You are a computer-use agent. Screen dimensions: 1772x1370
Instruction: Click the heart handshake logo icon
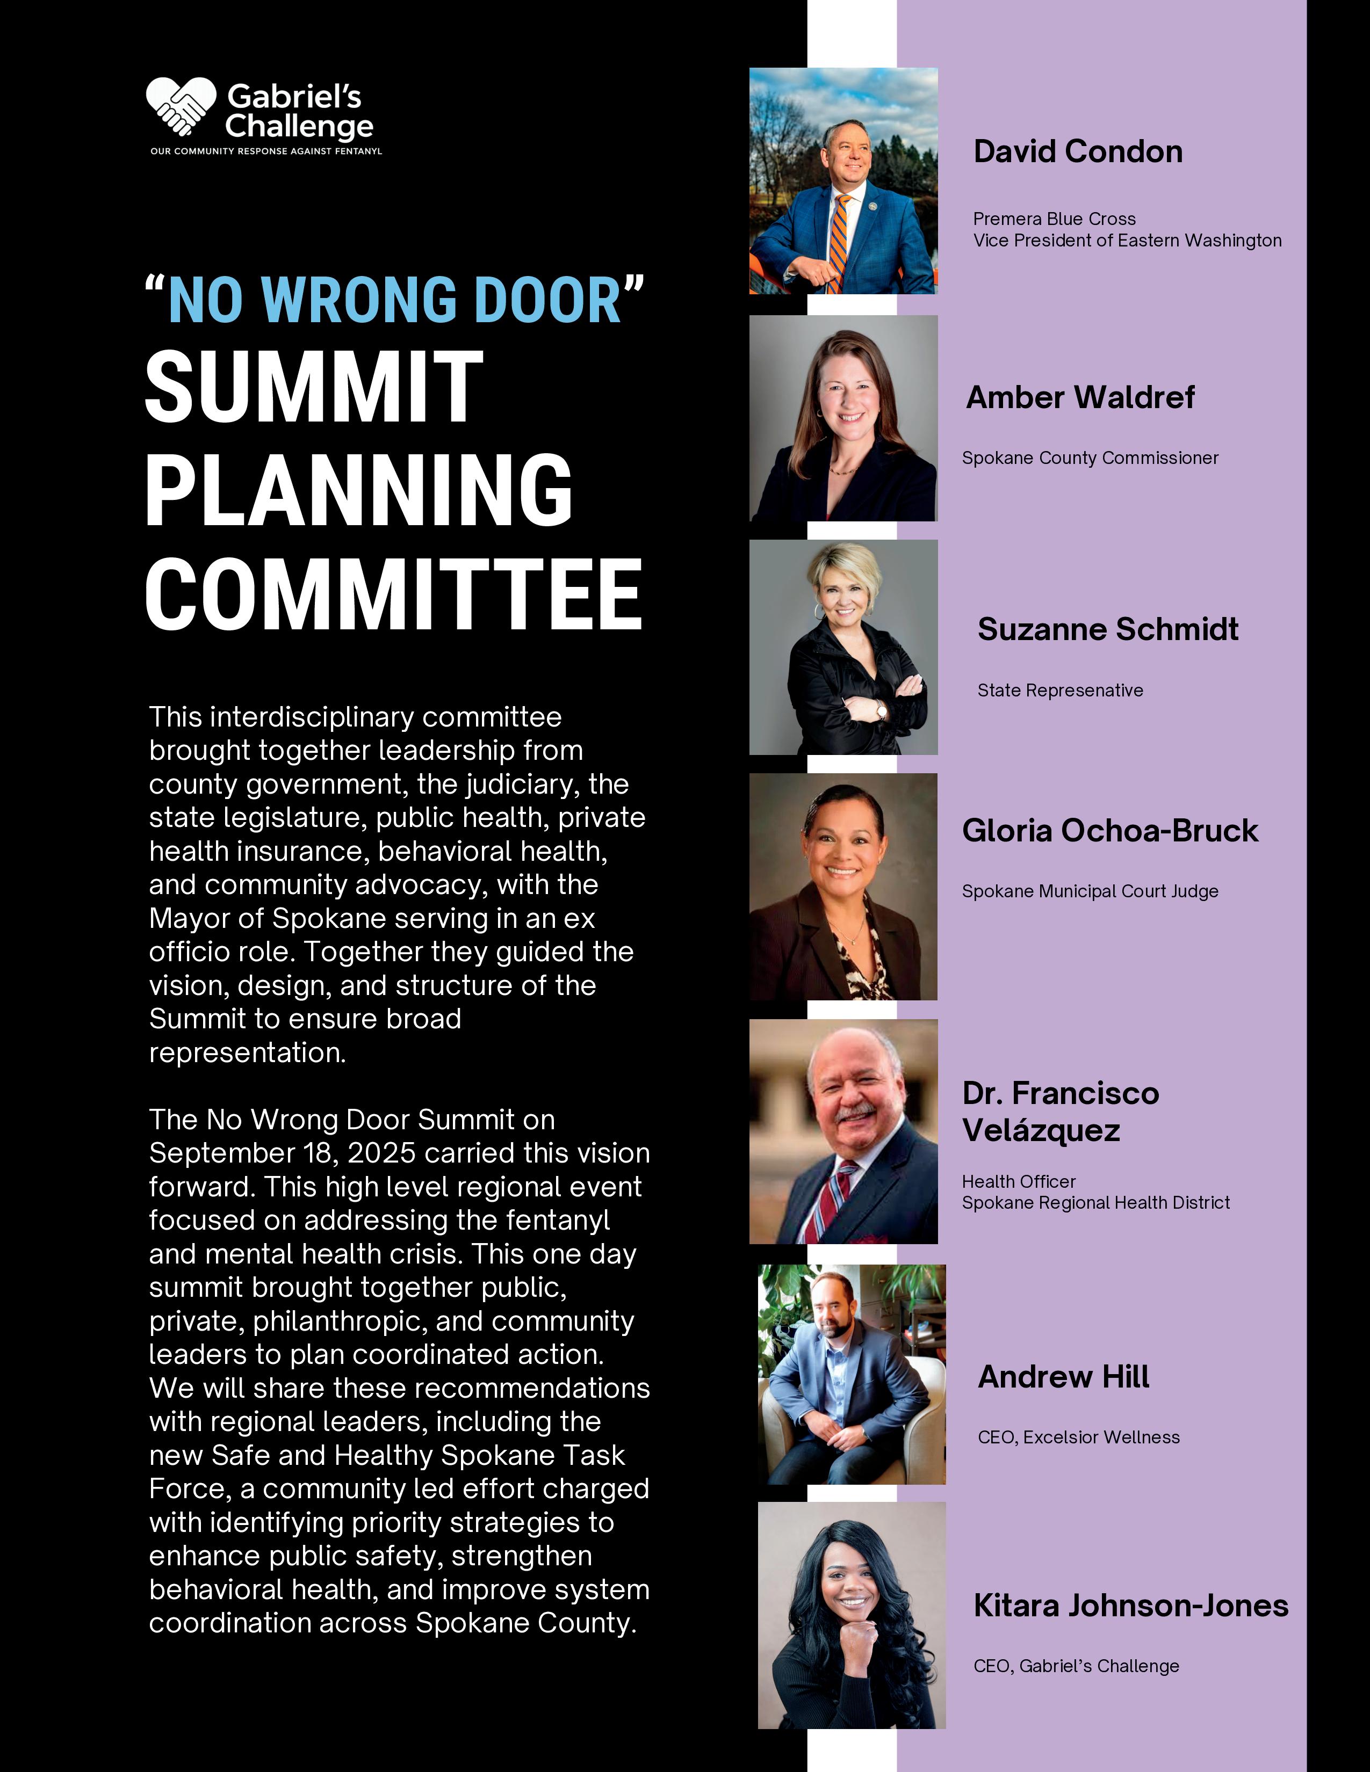click(x=180, y=105)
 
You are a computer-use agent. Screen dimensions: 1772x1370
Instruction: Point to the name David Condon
click(x=1078, y=152)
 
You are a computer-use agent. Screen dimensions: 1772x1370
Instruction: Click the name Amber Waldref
click(x=1080, y=397)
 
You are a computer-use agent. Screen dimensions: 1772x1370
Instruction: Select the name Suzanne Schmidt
click(x=1108, y=630)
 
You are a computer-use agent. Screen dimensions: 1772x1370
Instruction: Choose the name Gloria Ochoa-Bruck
click(x=1109, y=831)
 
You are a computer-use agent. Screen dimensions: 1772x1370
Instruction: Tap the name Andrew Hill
click(x=1063, y=1377)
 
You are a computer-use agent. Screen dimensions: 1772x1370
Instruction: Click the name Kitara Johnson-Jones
click(x=1130, y=1606)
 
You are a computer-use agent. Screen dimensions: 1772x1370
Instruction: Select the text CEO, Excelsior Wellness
click(x=1079, y=1437)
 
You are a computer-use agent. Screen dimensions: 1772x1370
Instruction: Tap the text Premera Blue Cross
click(x=1054, y=219)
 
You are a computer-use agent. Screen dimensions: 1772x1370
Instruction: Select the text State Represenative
click(x=1060, y=691)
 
